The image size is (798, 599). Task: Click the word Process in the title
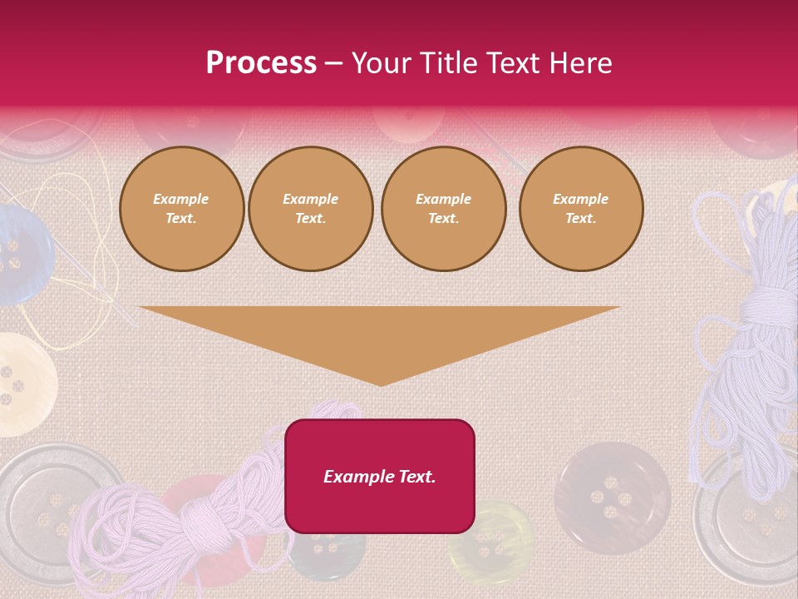[261, 63]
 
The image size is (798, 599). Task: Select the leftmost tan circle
[181, 209]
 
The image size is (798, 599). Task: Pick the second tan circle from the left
[310, 209]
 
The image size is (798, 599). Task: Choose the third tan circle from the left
[443, 209]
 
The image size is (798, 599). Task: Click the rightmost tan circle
[580, 209]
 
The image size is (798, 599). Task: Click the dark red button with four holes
[612, 498]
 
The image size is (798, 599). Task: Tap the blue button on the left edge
[18, 255]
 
